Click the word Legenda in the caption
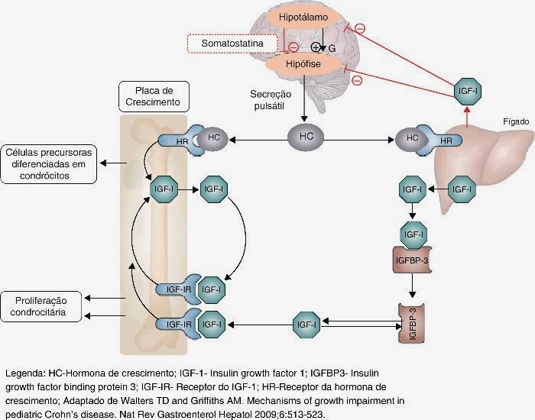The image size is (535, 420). point(24,374)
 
